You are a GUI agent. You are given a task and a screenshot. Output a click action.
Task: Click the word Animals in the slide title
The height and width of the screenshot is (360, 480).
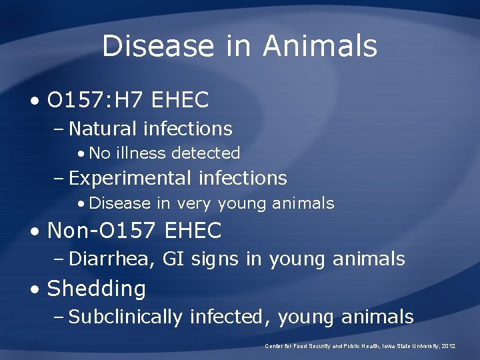coord(320,46)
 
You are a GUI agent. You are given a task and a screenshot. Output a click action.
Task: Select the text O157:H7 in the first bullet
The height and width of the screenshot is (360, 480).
coord(97,101)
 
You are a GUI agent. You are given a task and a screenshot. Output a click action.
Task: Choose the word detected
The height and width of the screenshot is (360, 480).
coord(205,153)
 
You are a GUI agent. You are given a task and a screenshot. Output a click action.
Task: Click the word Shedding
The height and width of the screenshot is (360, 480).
coord(97,289)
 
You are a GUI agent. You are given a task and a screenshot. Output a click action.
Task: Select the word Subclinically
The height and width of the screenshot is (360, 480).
coord(125,317)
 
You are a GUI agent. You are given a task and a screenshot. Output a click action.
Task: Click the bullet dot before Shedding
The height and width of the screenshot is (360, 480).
coord(35,289)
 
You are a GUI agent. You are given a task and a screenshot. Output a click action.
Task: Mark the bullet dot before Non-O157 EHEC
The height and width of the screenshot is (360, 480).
coord(35,231)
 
